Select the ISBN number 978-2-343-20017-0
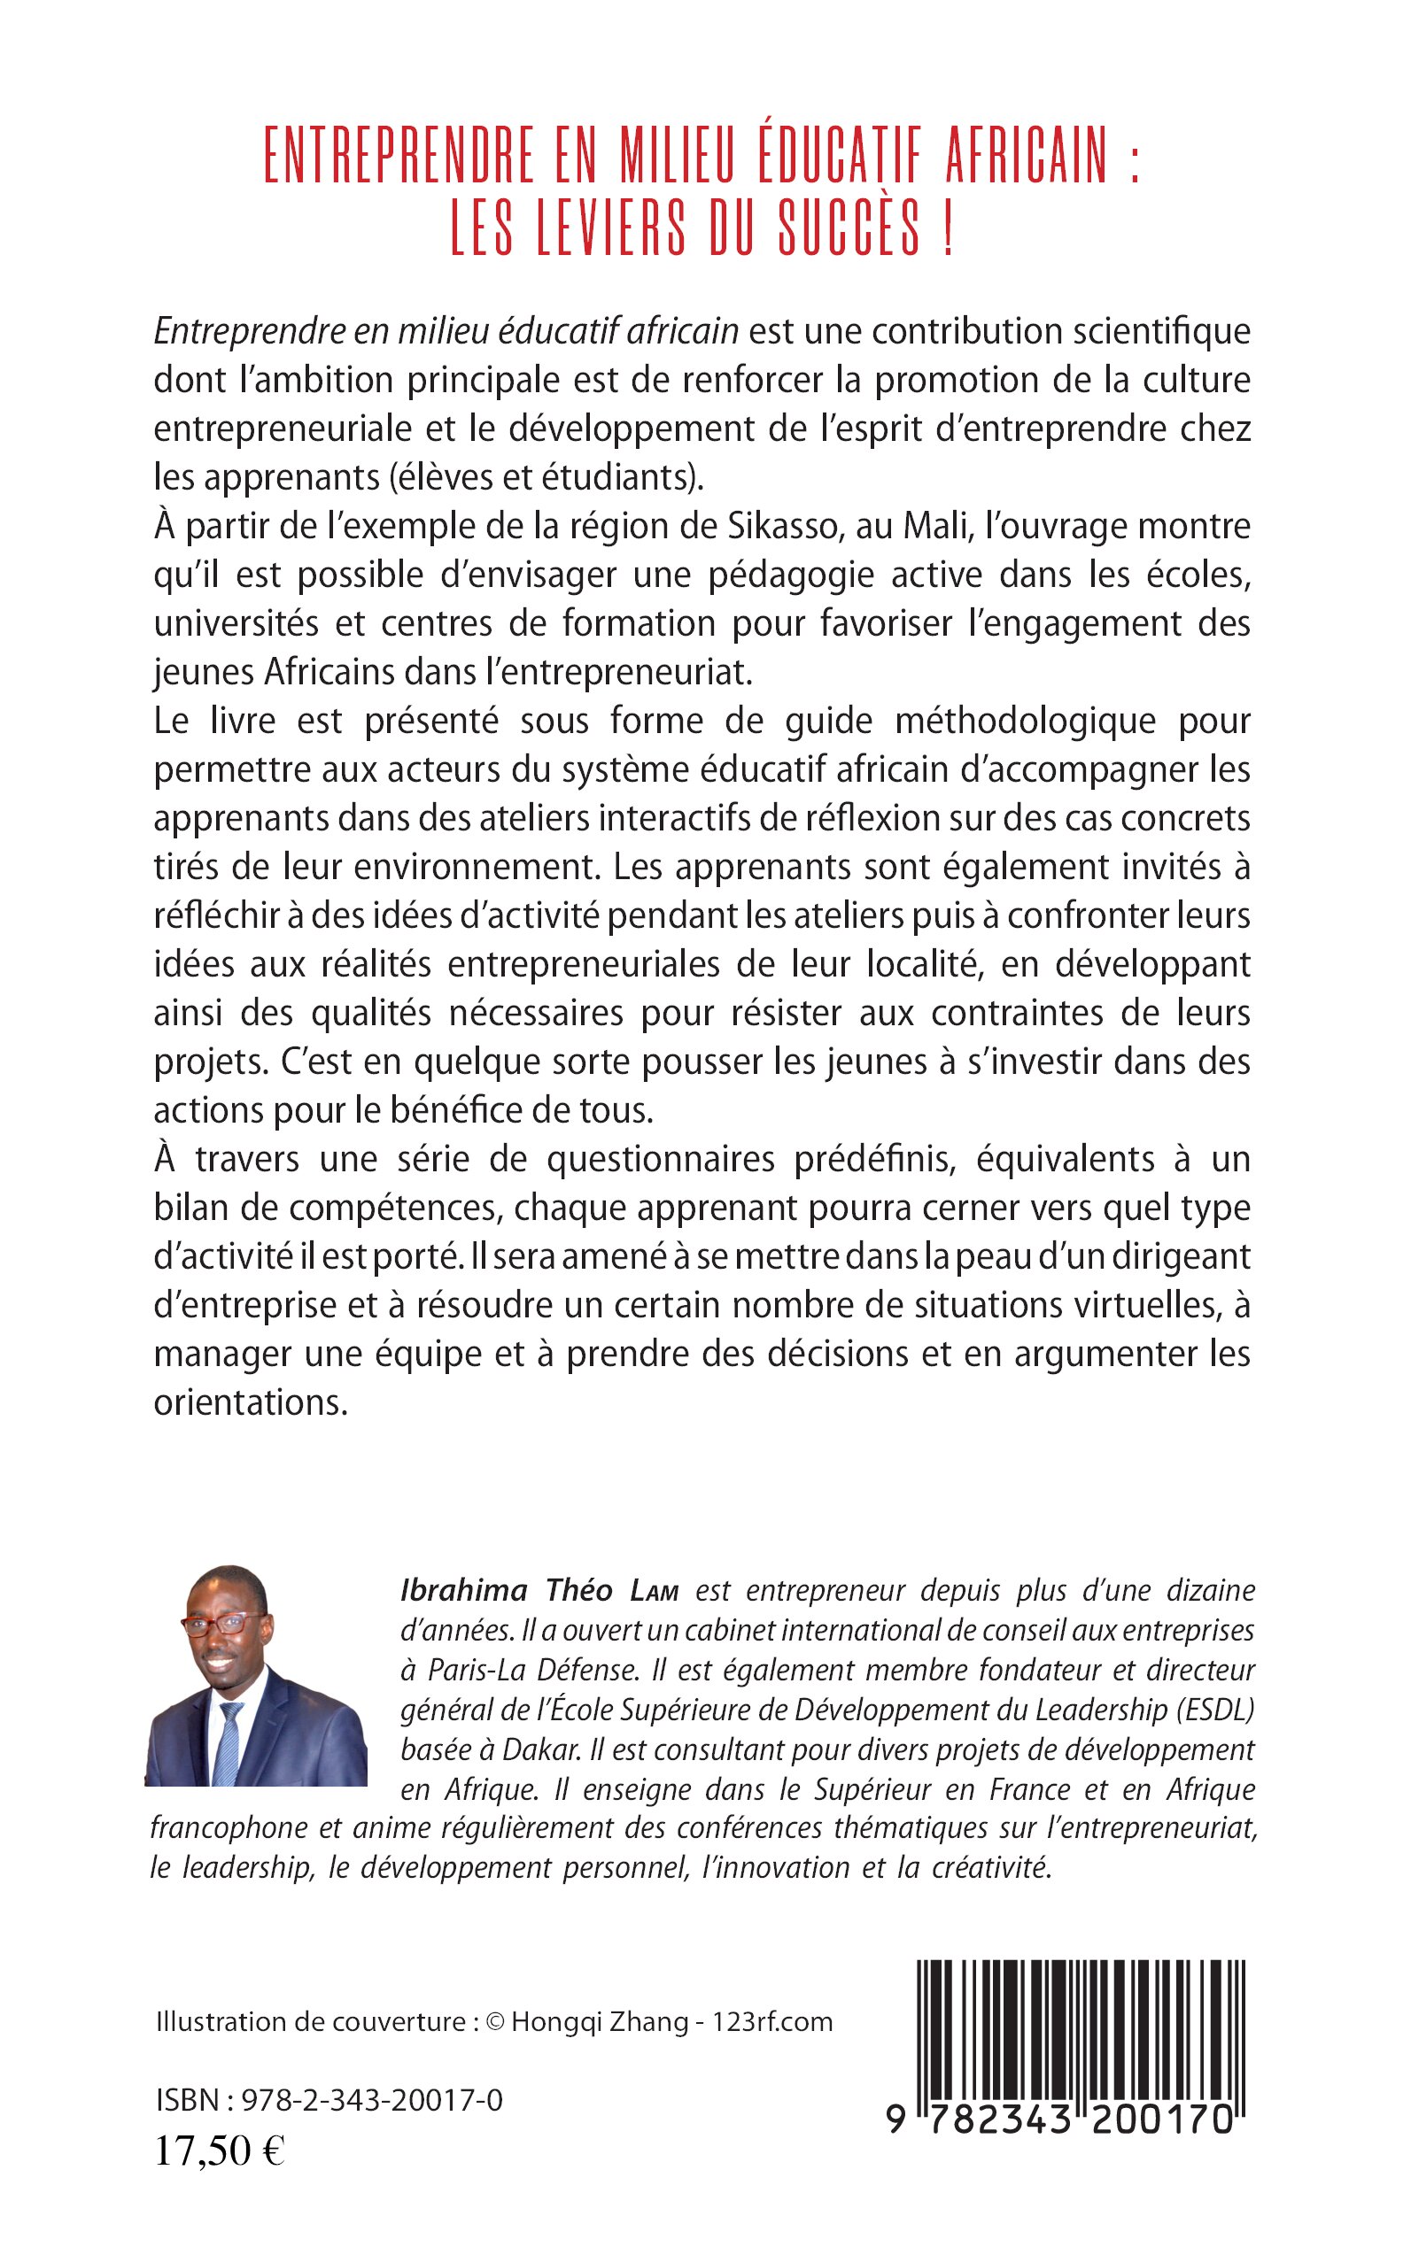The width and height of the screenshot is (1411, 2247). tap(371, 2101)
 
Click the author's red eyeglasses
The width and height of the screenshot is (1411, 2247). tap(216, 1625)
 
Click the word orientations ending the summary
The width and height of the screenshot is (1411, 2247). tap(250, 1401)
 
